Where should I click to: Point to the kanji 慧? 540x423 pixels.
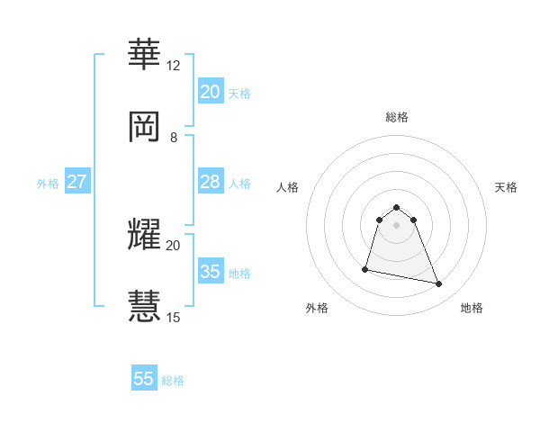(x=145, y=305)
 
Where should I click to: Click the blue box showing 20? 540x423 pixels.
(x=210, y=91)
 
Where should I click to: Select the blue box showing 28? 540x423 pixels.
(x=210, y=182)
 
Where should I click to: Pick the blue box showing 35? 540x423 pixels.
(x=210, y=271)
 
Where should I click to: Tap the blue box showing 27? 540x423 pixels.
(x=76, y=182)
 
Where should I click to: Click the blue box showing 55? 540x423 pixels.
(x=144, y=379)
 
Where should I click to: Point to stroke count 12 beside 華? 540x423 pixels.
(x=173, y=65)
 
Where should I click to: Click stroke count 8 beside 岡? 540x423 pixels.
(x=174, y=137)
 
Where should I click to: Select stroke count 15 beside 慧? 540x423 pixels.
(x=173, y=317)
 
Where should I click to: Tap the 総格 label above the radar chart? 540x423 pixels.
(x=397, y=117)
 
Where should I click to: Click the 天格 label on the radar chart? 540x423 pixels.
(x=506, y=187)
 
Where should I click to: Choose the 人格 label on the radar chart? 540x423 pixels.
(x=288, y=187)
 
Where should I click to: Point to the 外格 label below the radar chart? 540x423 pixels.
(x=317, y=308)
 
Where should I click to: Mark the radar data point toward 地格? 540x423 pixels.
(x=439, y=284)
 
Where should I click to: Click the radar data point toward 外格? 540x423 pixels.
(x=365, y=268)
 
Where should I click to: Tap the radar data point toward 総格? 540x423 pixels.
(x=397, y=206)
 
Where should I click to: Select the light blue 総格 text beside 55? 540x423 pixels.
(x=173, y=381)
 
